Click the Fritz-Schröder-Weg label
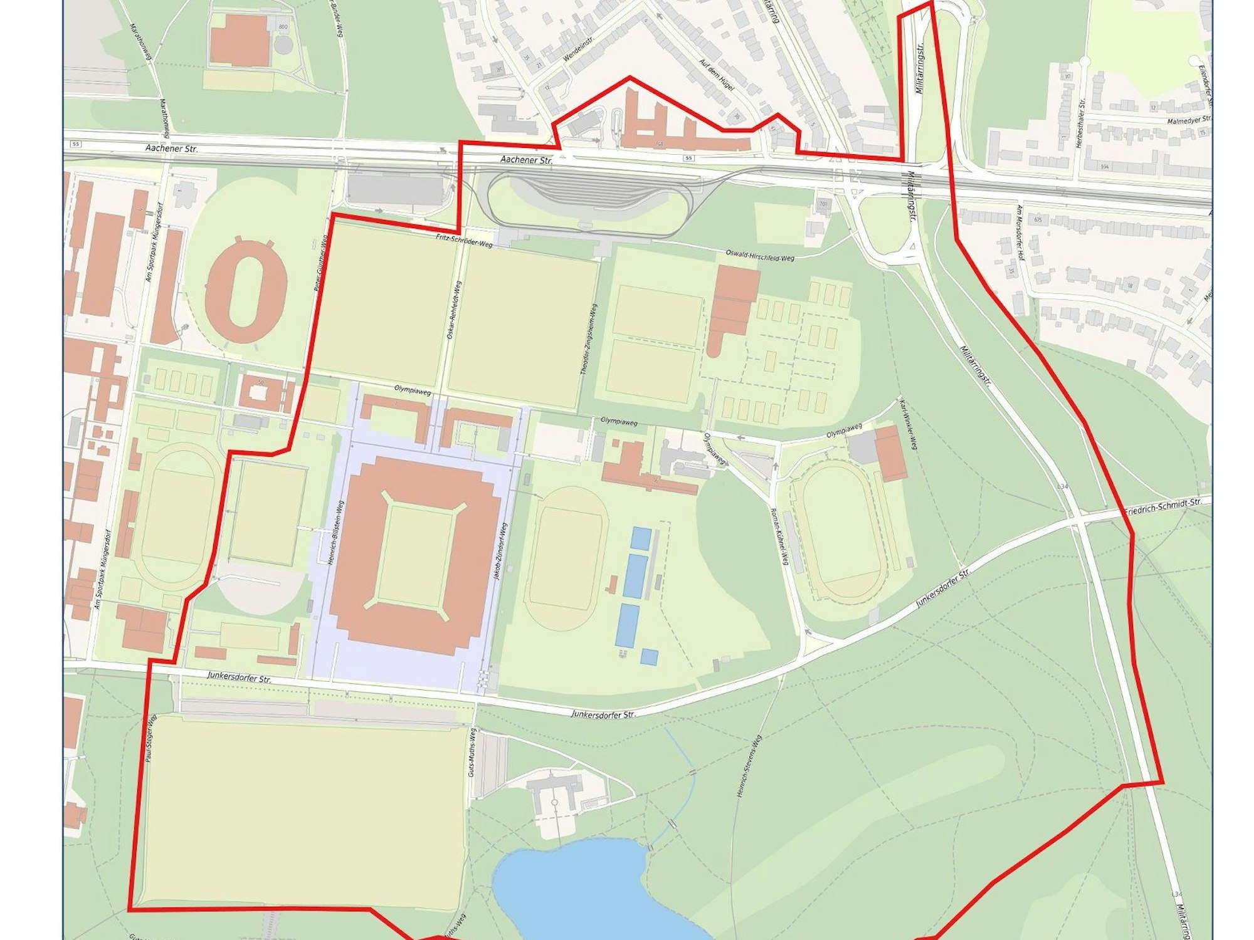tap(464, 241)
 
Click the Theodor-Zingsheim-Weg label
tap(589, 339)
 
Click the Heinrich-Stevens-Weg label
tap(749, 766)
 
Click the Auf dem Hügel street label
tap(717, 76)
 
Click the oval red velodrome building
tap(246, 291)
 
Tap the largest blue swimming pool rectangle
tap(635, 575)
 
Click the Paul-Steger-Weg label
tap(150, 740)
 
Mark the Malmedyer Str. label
tap(1189, 120)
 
